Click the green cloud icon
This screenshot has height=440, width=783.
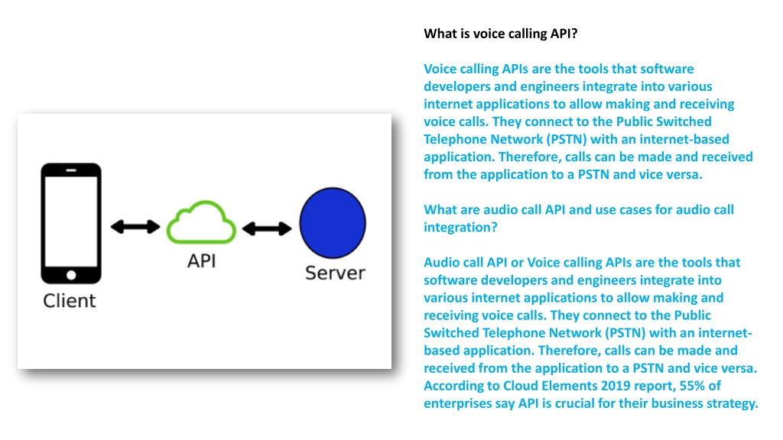pyautogui.click(x=201, y=235)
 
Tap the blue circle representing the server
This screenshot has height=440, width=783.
pyautogui.click(x=333, y=222)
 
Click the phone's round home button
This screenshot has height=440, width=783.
pyautogui.click(x=71, y=275)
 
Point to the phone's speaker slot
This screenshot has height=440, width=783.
pyautogui.click(x=71, y=170)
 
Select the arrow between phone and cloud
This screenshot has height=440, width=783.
pyautogui.click(x=135, y=226)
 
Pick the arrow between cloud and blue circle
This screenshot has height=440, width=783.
pyautogui.click(x=267, y=228)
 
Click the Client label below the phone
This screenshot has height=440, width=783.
pyautogui.click(x=70, y=301)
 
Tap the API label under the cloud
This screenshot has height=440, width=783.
pyautogui.click(x=202, y=261)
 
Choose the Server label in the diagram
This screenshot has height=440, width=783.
pyautogui.click(x=335, y=273)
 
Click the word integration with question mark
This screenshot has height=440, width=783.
pyautogui.click(x=460, y=228)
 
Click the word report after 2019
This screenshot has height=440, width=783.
pyautogui.click(x=657, y=386)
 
